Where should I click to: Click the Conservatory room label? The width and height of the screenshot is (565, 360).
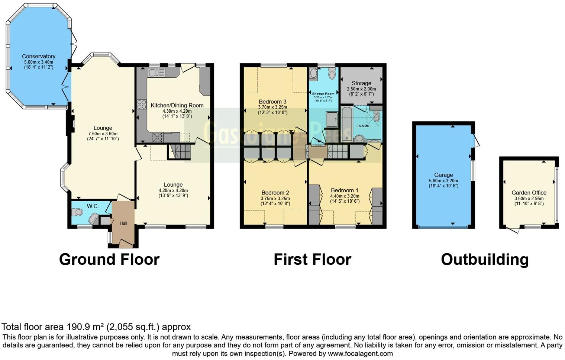(x=39, y=57)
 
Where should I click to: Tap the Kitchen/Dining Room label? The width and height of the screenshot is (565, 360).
(x=177, y=105)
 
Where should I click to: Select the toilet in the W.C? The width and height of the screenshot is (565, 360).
(x=77, y=212)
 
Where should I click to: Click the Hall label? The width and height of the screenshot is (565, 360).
(x=123, y=223)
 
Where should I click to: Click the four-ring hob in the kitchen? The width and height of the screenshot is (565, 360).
(x=141, y=105)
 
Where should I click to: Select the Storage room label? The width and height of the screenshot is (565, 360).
(x=361, y=83)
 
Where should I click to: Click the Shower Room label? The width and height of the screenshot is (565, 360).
(x=323, y=94)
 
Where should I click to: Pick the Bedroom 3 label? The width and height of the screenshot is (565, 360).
(x=272, y=102)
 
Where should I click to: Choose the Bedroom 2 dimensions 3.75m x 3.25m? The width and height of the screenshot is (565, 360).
(x=275, y=198)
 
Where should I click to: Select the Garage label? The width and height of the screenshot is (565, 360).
(x=443, y=175)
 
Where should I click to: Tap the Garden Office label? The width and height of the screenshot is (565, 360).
(x=529, y=193)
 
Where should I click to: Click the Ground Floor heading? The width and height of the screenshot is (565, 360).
(x=109, y=259)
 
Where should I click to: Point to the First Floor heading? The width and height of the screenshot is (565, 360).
(x=312, y=259)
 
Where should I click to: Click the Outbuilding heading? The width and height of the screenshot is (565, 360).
(x=485, y=259)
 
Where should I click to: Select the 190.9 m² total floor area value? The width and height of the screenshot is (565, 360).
(x=85, y=327)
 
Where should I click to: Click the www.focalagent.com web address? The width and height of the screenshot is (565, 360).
(x=360, y=353)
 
